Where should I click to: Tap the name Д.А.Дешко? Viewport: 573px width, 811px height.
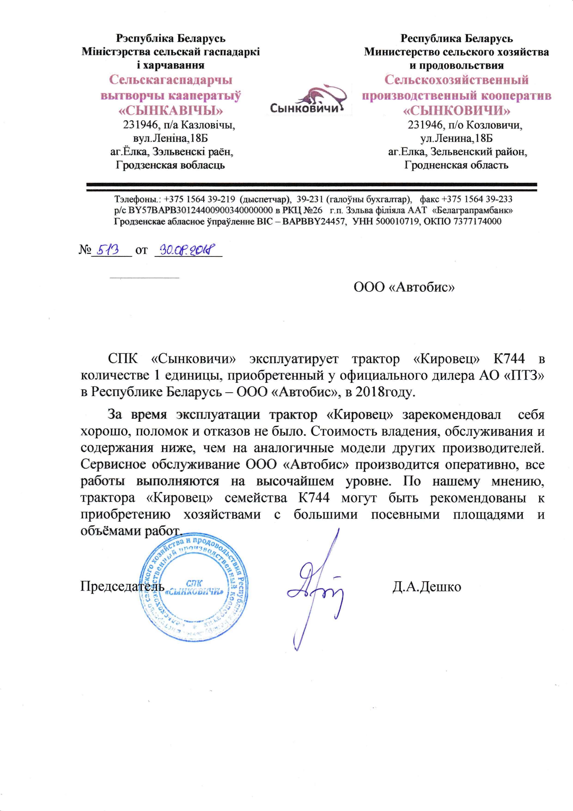point(427,587)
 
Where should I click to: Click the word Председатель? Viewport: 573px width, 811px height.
point(122,587)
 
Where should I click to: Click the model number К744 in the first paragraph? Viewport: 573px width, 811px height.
point(508,359)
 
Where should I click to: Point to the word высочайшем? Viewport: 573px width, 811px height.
point(295,481)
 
